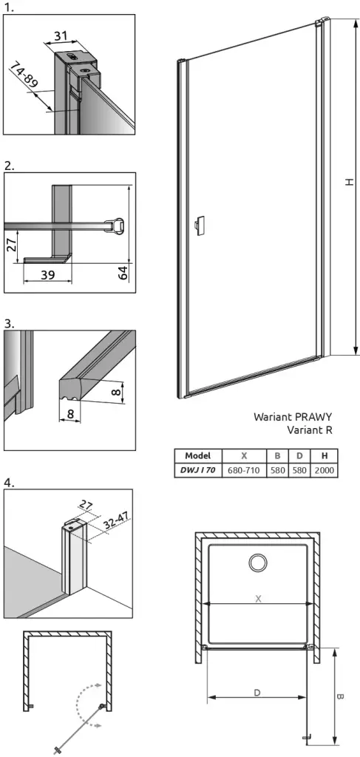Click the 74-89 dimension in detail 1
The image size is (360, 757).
[25, 72]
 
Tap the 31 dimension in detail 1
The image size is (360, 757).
[61, 36]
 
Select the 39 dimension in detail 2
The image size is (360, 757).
[47, 275]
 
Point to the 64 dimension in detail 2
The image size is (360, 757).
[123, 273]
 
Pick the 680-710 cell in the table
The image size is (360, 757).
[244, 470]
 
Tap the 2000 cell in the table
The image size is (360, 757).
[324, 470]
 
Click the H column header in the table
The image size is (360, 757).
[324, 455]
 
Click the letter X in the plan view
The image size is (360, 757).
[258, 599]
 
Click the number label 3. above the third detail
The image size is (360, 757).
[9, 323]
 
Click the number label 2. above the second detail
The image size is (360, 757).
[9, 166]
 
